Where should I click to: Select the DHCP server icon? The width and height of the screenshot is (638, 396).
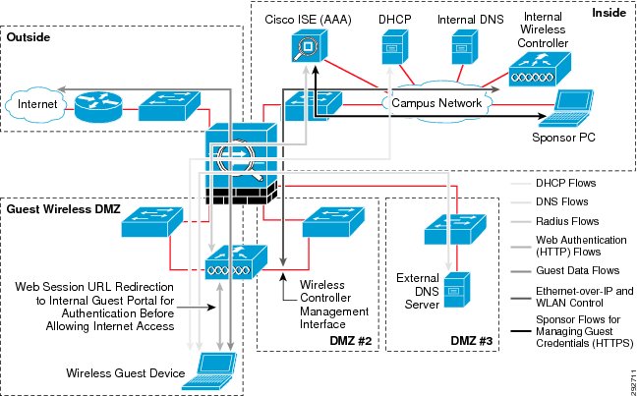click(x=394, y=47)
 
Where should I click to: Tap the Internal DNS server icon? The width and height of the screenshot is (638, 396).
click(x=465, y=47)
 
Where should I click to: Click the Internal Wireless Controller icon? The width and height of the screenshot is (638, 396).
click(x=540, y=69)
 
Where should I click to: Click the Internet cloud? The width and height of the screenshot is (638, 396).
click(x=36, y=104)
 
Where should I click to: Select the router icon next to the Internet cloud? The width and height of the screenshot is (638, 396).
click(x=98, y=107)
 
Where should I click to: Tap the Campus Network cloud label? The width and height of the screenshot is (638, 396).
click(x=436, y=103)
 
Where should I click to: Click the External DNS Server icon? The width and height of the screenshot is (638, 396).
click(x=457, y=290)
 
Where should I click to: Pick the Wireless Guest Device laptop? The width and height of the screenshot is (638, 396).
click(x=209, y=370)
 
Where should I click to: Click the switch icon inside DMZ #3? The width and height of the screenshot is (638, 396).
click(x=455, y=229)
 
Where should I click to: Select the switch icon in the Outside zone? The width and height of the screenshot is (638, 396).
click(x=169, y=106)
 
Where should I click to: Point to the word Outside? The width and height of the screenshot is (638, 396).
click(x=29, y=37)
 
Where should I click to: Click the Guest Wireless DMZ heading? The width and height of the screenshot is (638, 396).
click(x=64, y=209)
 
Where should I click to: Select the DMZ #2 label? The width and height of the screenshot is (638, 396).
click(x=351, y=340)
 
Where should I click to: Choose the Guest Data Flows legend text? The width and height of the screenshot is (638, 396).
click(x=577, y=270)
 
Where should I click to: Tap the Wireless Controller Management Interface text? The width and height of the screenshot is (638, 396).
click(x=334, y=304)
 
